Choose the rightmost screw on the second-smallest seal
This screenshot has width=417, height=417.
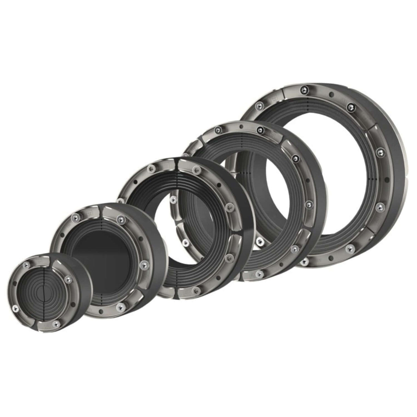[144, 264]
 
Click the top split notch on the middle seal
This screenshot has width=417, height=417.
[177, 162]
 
